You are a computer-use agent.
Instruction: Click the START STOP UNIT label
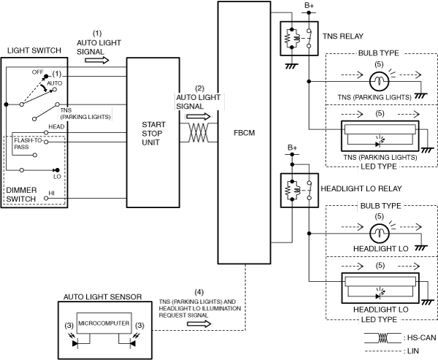153,134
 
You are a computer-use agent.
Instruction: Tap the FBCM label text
244,133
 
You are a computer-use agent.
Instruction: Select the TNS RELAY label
343,37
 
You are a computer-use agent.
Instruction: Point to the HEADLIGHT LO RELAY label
361,188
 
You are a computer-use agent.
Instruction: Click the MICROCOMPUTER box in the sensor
104,323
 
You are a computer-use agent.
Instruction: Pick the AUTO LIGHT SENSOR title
102,296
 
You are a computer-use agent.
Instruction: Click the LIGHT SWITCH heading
34,50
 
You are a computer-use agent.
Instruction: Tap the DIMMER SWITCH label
21,194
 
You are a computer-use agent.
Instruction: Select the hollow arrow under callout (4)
199,324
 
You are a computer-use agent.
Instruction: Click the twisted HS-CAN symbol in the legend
383,338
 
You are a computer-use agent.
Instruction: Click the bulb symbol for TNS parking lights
379,81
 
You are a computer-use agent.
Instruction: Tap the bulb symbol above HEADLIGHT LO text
380,233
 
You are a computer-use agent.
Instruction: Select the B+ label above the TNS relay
309,6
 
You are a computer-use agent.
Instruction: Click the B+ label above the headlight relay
293,148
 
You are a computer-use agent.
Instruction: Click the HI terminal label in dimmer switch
52,193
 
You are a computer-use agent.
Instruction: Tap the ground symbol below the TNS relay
291,66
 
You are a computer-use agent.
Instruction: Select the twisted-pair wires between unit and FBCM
199,132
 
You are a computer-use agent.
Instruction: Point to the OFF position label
37,72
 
